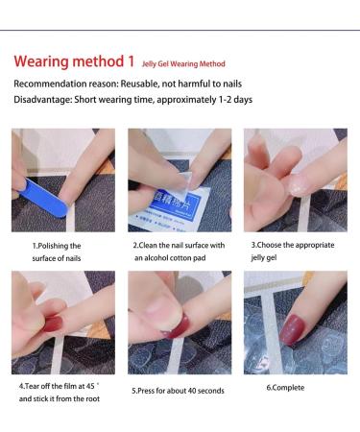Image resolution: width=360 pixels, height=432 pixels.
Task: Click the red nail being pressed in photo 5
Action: click(x=177, y=327)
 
